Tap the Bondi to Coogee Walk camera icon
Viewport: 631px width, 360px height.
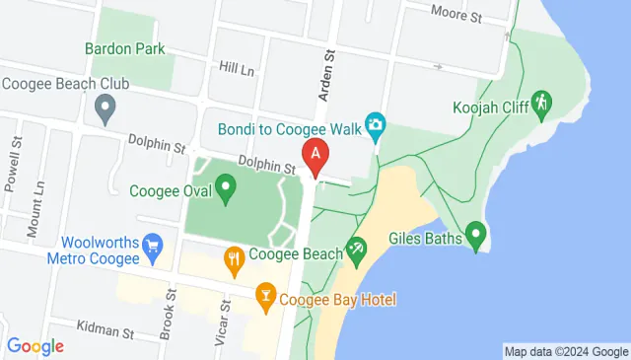pos(375,125)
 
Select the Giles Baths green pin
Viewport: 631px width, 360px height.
pos(476,235)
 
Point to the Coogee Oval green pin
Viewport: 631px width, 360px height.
pos(226,185)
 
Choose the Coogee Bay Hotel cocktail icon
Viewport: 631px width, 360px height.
pos(265,294)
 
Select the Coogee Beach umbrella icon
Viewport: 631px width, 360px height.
pos(356,251)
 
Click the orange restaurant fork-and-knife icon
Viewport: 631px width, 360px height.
pos(234,260)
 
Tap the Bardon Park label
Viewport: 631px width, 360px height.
pos(124,47)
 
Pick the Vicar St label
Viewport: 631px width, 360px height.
pos(222,324)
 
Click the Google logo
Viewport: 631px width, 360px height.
pos(35,346)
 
